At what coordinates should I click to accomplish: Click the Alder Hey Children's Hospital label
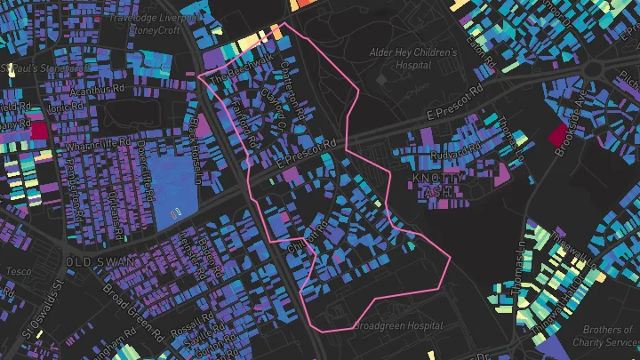pyautogui.click(x=412, y=60)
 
